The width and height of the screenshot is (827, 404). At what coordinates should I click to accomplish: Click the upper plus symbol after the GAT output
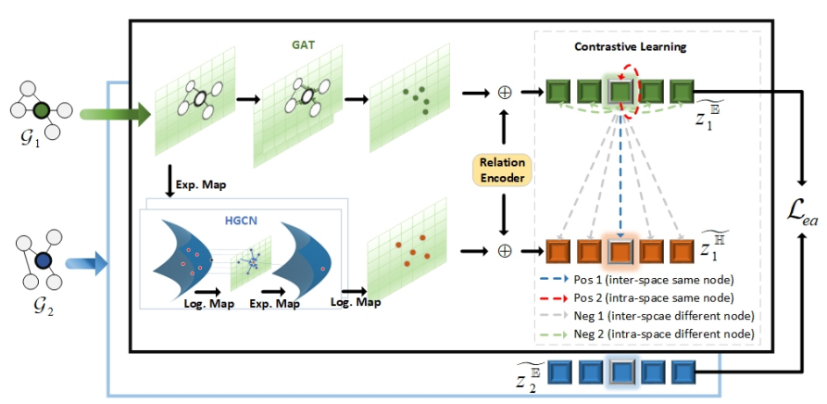coord(505,93)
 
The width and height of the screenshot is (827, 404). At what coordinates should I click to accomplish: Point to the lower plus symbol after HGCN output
coord(505,250)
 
